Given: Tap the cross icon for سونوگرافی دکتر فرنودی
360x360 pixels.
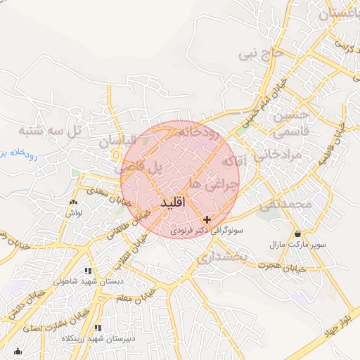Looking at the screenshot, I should pyautogui.click(x=207, y=220).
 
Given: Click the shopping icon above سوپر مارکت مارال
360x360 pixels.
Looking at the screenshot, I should pyautogui.click(x=299, y=234).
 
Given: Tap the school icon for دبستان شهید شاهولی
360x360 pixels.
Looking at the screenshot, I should pyautogui.click(x=88, y=271).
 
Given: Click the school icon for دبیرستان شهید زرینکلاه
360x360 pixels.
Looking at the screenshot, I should pyautogui.click(x=98, y=328).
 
